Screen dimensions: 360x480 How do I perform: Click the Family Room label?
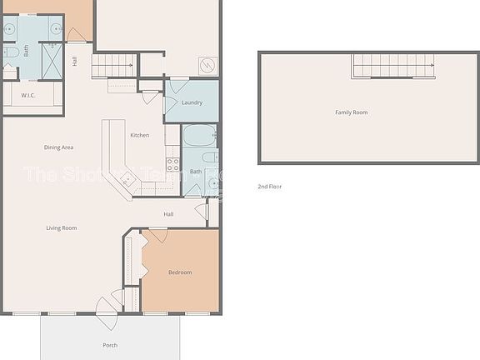(351, 112)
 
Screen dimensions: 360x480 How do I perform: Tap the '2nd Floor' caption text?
(269, 187)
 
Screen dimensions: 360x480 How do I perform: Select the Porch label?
(110, 345)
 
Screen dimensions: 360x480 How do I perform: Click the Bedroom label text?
(180, 272)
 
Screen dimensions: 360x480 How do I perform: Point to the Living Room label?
(62, 227)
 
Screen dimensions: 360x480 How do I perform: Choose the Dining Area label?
(59, 147)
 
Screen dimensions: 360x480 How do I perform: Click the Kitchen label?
(139, 135)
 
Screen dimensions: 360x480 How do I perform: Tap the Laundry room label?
(192, 102)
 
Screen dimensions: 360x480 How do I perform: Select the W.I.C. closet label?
(28, 96)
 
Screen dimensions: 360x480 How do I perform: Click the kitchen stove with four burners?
(173, 164)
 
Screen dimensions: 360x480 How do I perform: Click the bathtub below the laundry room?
(198, 136)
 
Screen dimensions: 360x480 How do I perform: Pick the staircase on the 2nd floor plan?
(392, 66)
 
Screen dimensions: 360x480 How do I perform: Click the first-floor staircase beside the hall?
(113, 64)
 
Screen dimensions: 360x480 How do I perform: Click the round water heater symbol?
(207, 63)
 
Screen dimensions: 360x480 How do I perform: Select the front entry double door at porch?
(108, 312)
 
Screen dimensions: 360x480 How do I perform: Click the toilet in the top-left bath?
(10, 54)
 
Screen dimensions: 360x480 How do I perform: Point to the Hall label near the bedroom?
(168, 214)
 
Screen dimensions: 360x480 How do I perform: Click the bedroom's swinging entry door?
(156, 236)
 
